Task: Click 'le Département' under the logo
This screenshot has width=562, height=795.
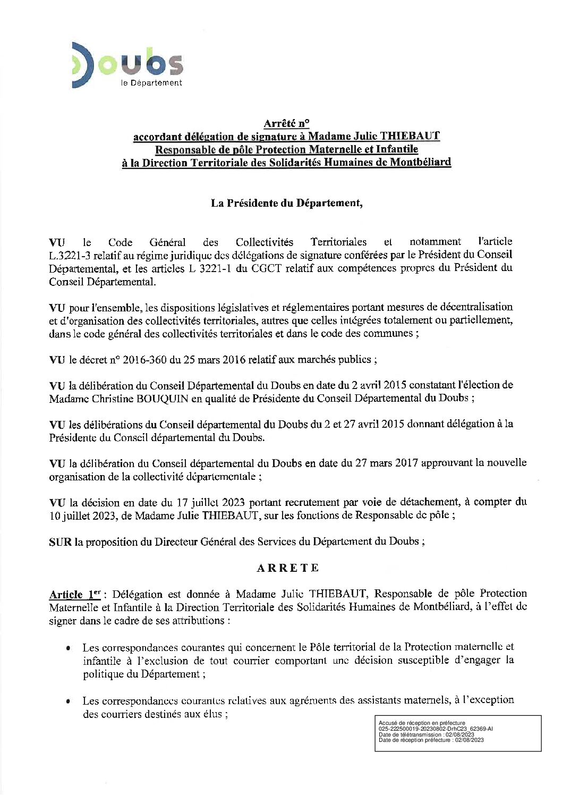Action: [151, 83]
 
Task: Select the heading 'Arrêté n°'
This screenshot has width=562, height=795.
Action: [286, 123]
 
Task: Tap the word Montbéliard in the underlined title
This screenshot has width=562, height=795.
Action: [420, 162]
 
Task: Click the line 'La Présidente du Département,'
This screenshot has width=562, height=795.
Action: [286, 203]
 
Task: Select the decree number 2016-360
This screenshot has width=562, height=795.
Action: [145, 360]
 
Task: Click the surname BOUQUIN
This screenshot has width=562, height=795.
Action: [163, 399]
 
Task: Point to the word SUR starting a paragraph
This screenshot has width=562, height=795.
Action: [60, 542]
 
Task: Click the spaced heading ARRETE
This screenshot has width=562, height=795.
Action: [287, 568]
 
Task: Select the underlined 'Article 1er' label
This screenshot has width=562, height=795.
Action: [75, 594]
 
